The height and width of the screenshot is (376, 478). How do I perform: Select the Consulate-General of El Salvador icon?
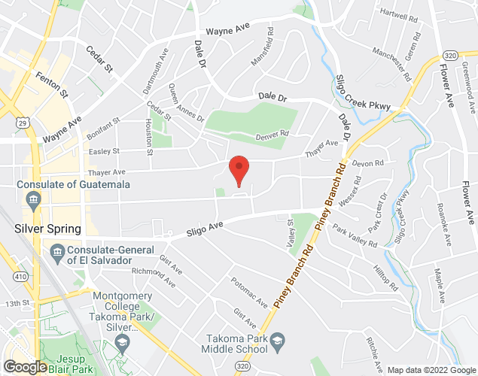pos(56,250)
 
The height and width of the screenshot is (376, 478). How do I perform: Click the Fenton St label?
pos(51,85)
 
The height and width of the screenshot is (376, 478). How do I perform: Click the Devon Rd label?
pos(368,163)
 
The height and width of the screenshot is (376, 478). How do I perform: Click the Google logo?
pos(25,367)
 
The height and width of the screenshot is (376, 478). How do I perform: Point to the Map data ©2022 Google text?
pos(431,370)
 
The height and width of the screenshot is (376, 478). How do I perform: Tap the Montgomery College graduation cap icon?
pos(121,344)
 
